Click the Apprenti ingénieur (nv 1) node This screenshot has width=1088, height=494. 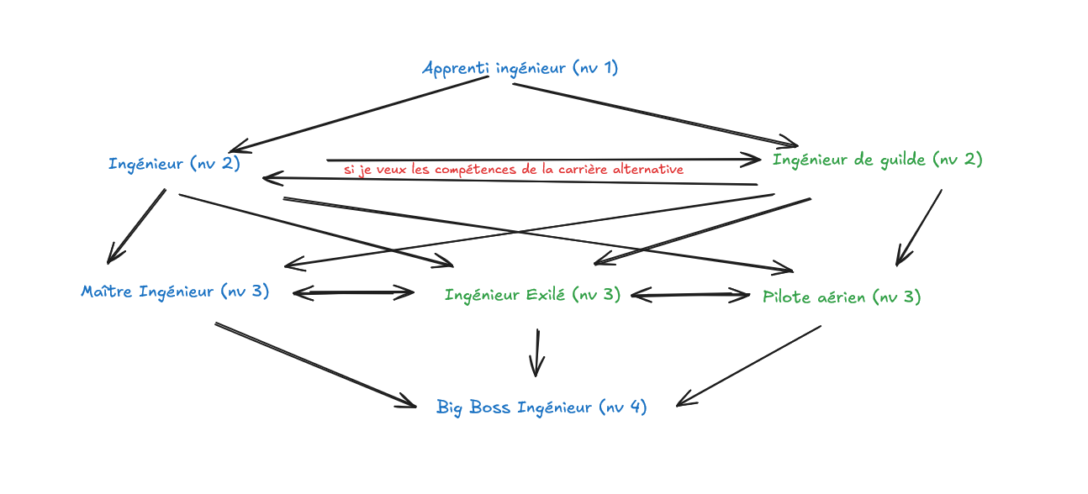point(520,68)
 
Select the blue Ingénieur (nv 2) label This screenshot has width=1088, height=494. point(174,163)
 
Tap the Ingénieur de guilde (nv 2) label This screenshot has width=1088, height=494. point(877,159)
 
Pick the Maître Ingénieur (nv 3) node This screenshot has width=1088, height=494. point(175,292)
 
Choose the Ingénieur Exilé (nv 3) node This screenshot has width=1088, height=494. point(532,295)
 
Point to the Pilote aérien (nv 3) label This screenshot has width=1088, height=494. point(841,297)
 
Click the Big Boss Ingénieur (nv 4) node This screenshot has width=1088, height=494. point(541,407)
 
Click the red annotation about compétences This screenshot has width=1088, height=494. point(513,170)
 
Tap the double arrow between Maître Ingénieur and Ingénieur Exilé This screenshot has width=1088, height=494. point(353,293)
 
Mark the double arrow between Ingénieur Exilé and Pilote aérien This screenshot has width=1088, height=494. point(690,295)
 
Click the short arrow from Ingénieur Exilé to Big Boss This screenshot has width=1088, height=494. point(536,353)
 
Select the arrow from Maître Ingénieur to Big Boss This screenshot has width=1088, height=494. point(315,364)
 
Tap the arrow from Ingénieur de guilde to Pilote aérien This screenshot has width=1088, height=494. point(918,227)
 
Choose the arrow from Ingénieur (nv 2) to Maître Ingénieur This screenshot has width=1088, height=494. point(136,226)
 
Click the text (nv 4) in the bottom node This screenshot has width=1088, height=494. point(622,407)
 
